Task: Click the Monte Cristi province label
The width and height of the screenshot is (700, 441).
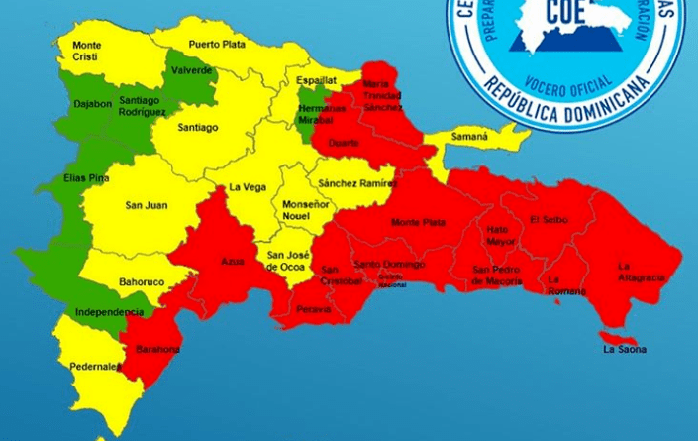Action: pyautogui.click(x=86, y=50)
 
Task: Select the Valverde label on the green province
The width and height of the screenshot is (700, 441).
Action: pyautogui.click(x=191, y=70)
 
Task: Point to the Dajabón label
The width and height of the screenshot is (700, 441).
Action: pyautogui.click(x=91, y=103)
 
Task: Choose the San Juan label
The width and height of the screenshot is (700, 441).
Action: pyautogui.click(x=146, y=206)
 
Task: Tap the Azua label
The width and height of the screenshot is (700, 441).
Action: pyautogui.click(x=234, y=263)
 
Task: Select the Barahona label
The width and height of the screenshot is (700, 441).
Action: pyautogui.click(x=159, y=349)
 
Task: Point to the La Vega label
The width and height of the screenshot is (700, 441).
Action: pyautogui.click(x=247, y=186)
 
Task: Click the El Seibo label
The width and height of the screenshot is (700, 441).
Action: pyautogui.click(x=549, y=219)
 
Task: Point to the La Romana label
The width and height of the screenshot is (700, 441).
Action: pyautogui.click(x=567, y=285)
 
